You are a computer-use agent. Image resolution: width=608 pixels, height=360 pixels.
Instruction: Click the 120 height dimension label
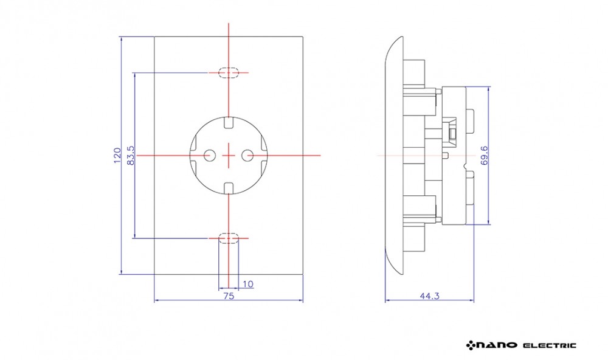click(x=117, y=156)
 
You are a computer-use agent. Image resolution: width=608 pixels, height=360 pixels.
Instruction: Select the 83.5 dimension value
click(x=131, y=156)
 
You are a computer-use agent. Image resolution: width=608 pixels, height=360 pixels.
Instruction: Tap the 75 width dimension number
click(x=229, y=296)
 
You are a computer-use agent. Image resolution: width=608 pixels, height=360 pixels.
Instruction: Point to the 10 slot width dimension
click(x=248, y=284)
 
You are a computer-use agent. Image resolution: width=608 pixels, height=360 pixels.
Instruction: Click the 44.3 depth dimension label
click(x=430, y=296)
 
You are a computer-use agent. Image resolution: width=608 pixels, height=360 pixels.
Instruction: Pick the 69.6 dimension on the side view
click(x=484, y=156)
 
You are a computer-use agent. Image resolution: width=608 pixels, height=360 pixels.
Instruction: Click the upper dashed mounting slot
click(x=229, y=72)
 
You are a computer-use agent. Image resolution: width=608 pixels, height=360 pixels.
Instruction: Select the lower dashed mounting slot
click(x=229, y=238)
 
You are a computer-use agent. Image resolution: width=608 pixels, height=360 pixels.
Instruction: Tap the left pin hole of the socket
click(x=209, y=156)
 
